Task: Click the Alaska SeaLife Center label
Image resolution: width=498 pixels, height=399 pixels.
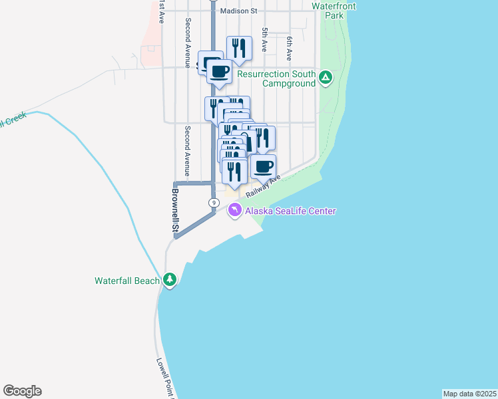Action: click(x=290, y=211)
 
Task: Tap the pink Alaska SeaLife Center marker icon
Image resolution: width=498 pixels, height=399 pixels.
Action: click(x=234, y=211)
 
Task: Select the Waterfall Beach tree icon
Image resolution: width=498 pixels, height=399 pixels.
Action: click(x=170, y=280)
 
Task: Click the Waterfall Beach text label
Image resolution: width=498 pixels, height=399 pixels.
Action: click(x=127, y=281)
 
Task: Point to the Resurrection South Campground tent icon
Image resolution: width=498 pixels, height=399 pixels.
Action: click(x=326, y=78)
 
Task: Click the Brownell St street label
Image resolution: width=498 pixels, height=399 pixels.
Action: click(x=176, y=211)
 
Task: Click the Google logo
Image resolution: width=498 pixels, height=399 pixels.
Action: click(x=22, y=391)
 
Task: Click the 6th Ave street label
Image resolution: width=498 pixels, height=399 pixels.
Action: click(x=290, y=49)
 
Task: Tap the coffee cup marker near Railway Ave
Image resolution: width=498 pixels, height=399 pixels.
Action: click(x=264, y=166)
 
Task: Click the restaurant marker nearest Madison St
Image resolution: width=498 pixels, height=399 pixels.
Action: click(x=239, y=48)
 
